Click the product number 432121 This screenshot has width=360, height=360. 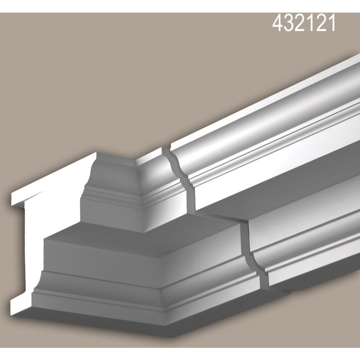pyautogui.click(x=304, y=23)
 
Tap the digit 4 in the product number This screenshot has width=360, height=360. pyautogui.click(x=279, y=23)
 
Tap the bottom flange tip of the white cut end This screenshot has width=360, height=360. pyautogui.click(x=20, y=306)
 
